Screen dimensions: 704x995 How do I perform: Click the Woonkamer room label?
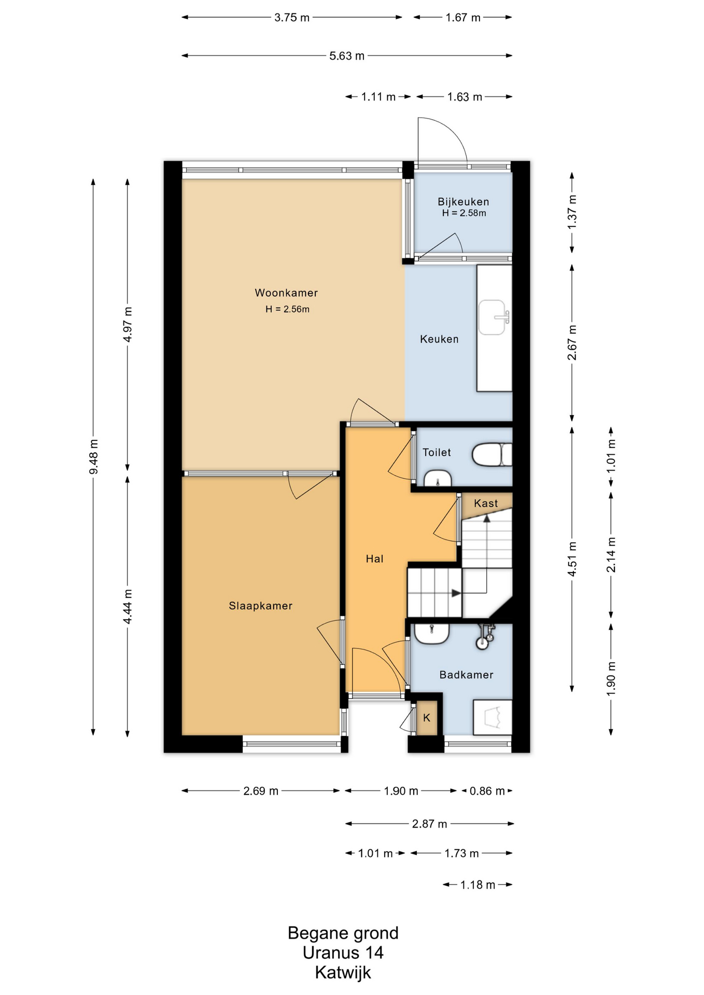[286, 293]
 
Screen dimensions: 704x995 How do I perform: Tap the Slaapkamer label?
[261, 606]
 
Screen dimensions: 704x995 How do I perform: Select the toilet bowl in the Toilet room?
[491, 454]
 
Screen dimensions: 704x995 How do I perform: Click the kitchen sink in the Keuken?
[492, 317]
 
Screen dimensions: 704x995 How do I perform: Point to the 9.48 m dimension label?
[93, 457]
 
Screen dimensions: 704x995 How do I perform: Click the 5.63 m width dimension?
[347, 56]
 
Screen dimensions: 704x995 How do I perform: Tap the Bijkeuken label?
[463, 202]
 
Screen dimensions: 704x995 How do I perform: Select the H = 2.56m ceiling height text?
[287, 309]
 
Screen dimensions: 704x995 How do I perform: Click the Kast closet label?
[486, 503]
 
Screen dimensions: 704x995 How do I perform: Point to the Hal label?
[375, 559]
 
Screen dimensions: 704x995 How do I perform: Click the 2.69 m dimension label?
[261, 791]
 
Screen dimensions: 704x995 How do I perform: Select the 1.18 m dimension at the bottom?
[477, 885]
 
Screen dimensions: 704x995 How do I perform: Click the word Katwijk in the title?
[343, 972]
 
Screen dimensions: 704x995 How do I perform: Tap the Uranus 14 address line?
[343, 953]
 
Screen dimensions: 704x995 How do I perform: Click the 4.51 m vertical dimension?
[572, 559]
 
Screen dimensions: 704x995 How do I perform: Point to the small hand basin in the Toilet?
[438, 479]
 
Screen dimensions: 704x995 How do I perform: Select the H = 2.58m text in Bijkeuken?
[464, 213]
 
